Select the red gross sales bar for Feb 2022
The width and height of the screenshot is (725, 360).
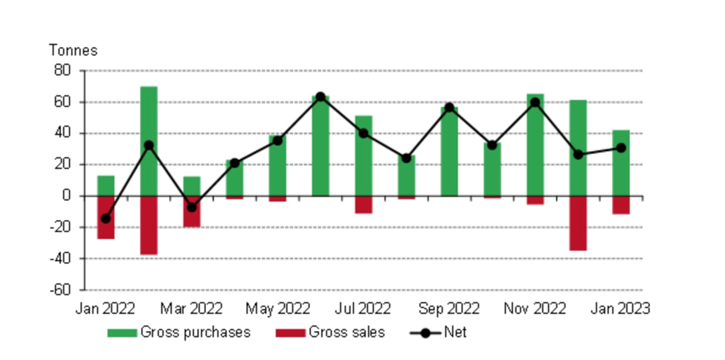[x=149, y=225]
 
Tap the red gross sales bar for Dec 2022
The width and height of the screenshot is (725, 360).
[x=578, y=223]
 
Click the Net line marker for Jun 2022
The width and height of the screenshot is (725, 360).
[x=320, y=97]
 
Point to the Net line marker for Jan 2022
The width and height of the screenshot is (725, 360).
[x=106, y=219]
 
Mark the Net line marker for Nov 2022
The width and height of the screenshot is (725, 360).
[x=535, y=102]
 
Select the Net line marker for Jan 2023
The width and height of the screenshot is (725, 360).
[x=621, y=147]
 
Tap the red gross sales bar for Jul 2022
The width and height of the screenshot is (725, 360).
[x=364, y=205]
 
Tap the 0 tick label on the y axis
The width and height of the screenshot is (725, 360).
[x=65, y=196]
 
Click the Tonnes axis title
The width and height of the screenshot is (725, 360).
[x=73, y=51]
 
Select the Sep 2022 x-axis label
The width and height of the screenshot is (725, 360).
[x=448, y=308]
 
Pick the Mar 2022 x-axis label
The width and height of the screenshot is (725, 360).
[x=191, y=308]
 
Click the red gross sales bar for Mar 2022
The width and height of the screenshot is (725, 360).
[x=192, y=211]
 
